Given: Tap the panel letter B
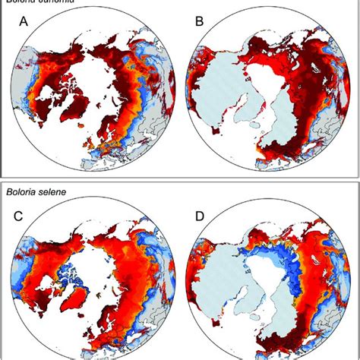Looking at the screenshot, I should click(199, 34).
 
